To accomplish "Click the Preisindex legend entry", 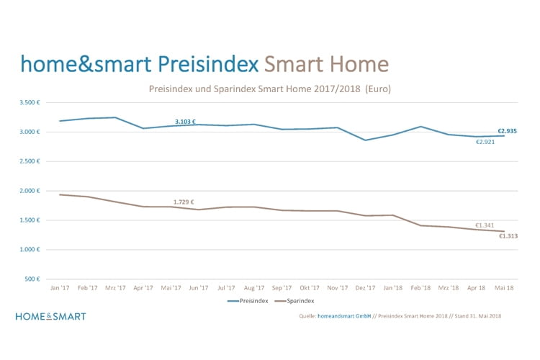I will pos(248,301).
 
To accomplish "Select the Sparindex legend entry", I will pos(295,301).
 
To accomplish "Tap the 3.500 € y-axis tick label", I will pos(30,103).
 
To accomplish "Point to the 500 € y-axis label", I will pos(32,279).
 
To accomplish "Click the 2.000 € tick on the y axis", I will pos(30,191).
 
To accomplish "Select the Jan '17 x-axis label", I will pos(60,288).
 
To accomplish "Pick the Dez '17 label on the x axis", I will pos(365,288).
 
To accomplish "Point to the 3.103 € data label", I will pos(185,122).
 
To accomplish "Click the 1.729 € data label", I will pos(184,202).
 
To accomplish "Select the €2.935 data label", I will pos(507,131).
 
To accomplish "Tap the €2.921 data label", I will pos(485,141).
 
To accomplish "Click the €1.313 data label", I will pos(508,235).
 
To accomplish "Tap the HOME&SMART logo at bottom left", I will pos(50,316).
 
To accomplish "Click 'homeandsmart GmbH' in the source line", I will pos(345,316).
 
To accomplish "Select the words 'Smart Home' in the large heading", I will pos(326,64).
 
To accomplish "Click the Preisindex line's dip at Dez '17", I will pos(365,140).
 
